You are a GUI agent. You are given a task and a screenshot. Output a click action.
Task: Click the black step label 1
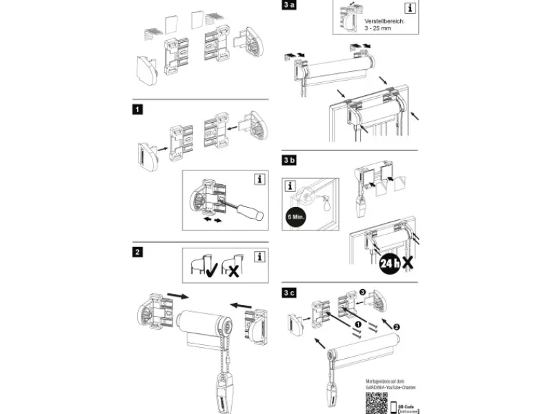139,109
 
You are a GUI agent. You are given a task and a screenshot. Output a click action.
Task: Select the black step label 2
139,252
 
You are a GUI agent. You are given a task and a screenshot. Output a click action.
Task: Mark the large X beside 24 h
409,262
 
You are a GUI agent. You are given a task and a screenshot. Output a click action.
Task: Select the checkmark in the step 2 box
208,270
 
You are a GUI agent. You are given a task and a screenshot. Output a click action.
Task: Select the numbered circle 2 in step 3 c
396,324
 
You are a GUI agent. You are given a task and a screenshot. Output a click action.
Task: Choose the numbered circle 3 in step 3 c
364,294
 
